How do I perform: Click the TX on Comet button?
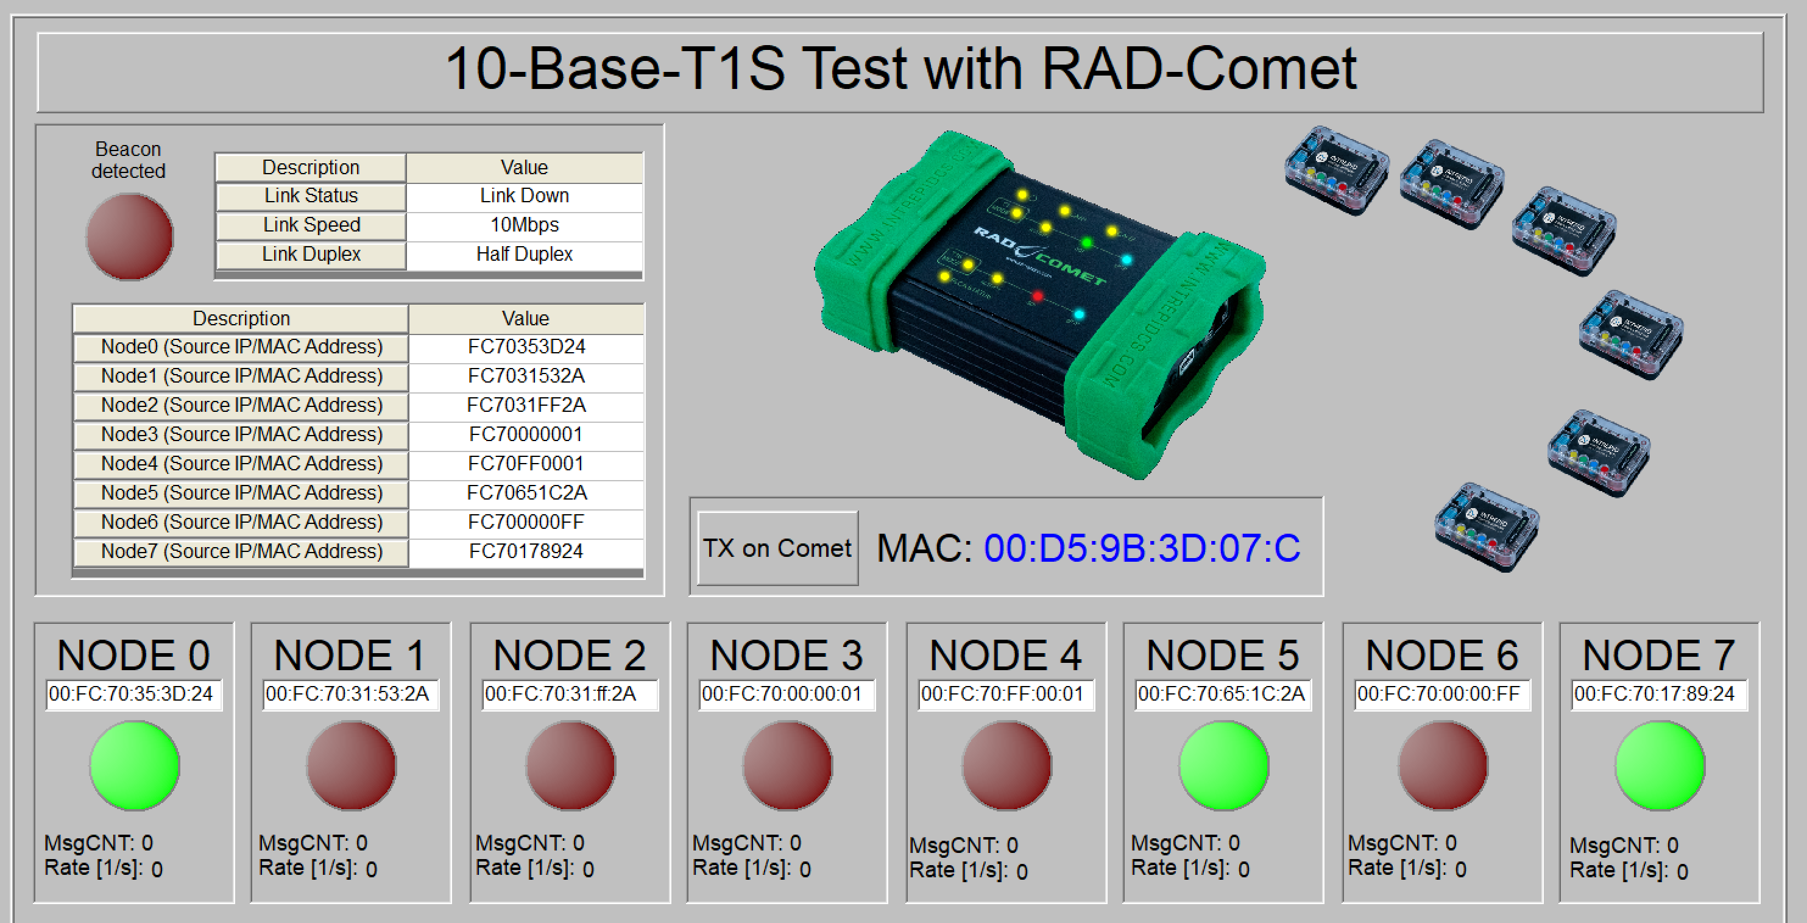(777, 548)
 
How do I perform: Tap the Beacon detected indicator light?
(130, 237)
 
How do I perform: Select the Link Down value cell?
(524, 196)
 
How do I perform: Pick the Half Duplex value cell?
(524, 254)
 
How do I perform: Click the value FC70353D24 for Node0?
(526, 347)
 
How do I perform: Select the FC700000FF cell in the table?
(526, 522)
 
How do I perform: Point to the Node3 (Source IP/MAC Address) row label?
(241, 435)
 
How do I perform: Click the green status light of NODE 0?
(134, 765)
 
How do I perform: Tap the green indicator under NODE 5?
(1224, 765)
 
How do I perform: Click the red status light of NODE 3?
(788, 765)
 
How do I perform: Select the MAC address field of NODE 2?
(570, 695)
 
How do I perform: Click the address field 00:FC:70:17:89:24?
(1659, 695)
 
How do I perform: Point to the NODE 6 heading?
(1441, 655)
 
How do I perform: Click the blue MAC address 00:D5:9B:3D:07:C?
(1142, 548)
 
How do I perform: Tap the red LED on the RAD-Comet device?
(1038, 296)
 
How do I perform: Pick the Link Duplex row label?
(311, 254)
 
